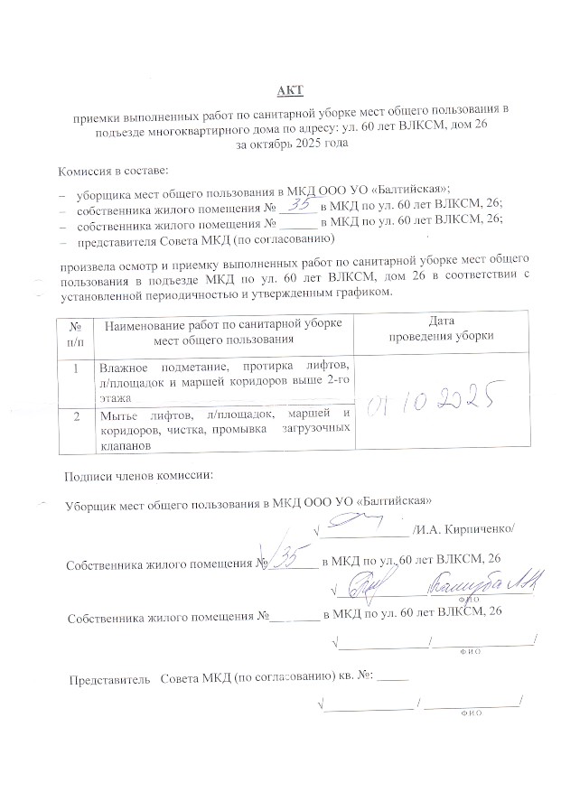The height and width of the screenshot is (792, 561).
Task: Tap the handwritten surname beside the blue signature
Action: [x=483, y=583]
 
